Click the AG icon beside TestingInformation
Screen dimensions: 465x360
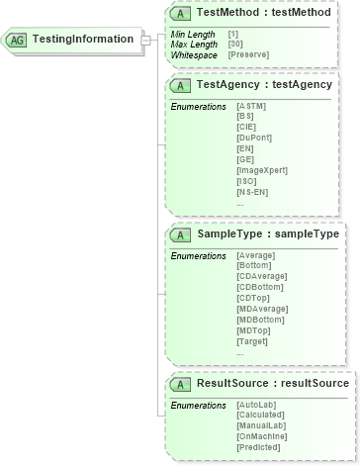[x=18, y=40]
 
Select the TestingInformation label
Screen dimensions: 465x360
[x=83, y=40]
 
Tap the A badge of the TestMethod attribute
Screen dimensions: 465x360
[x=181, y=13]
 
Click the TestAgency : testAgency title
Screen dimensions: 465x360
[x=264, y=84]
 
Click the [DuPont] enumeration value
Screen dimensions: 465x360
[x=251, y=138]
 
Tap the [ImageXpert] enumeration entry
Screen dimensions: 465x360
[x=262, y=170]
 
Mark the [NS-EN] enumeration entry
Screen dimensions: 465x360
[x=251, y=192]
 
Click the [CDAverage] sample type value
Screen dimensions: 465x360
[x=262, y=277]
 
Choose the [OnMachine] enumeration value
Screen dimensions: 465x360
[x=261, y=437]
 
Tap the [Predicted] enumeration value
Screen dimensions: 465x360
[x=259, y=448]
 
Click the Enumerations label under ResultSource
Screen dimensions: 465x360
[x=198, y=406]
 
